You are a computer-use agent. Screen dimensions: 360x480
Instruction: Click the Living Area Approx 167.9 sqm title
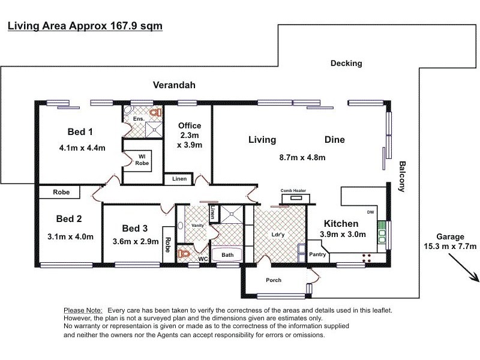click(x=85, y=26)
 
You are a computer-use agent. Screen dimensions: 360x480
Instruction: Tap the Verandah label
click(x=173, y=85)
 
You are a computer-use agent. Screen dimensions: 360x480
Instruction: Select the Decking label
click(x=346, y=63)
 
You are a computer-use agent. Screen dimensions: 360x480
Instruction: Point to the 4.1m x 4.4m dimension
click(x=82, y=148)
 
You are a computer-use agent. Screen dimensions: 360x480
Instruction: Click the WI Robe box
click(x=142, y=160)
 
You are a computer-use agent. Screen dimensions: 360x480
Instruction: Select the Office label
click(x=190, y=125)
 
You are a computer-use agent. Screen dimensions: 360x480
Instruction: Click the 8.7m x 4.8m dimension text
click(x=302, y=158)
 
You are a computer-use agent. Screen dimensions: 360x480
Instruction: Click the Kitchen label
click(x=341, y=223)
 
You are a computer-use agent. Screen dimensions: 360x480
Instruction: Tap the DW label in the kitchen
click(x=370, y=212)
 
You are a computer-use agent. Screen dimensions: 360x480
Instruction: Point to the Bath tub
click(x=227, y=255)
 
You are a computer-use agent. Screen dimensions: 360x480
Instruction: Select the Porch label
click(x=273, y=280)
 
